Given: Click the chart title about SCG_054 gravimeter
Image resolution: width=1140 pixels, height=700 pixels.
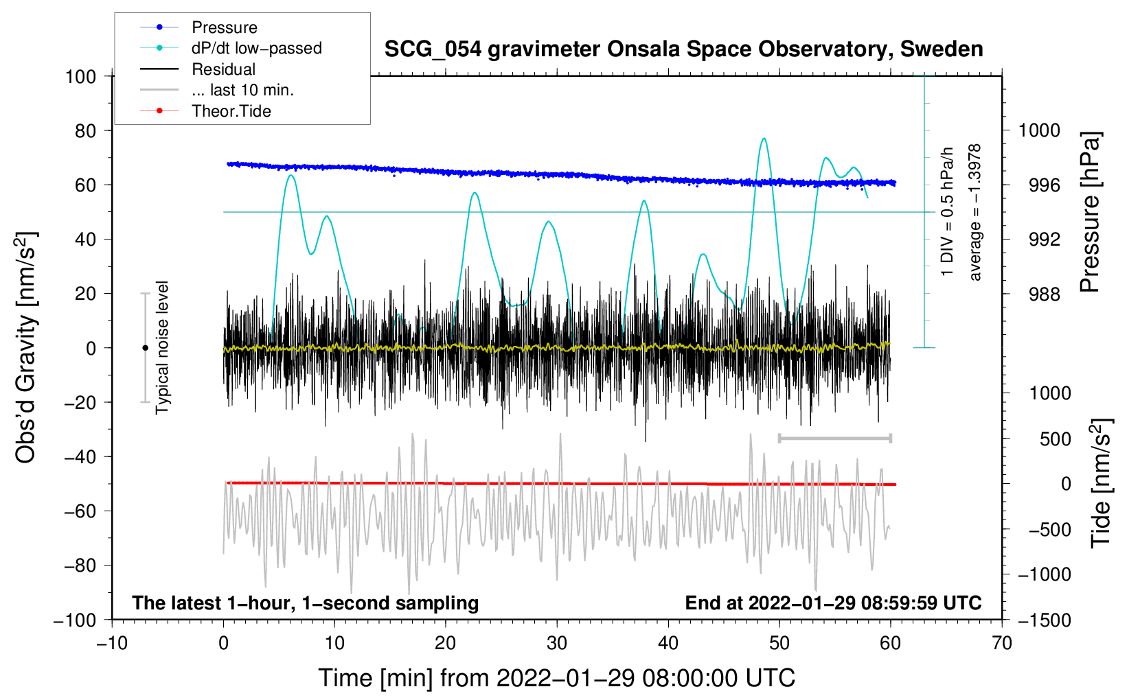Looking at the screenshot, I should (x=683, y=49).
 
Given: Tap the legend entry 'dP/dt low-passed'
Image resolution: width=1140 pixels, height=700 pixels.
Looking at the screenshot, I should (x=256, y=48).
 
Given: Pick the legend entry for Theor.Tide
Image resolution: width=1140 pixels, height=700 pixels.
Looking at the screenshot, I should (x=231, y=111).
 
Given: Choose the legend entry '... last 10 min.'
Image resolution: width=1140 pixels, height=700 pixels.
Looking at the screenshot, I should (x=242, y=90).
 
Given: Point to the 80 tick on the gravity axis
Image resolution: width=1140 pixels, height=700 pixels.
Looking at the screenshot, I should (x=81, y=130).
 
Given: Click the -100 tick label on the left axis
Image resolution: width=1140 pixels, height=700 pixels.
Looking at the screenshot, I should (x=75, y=620).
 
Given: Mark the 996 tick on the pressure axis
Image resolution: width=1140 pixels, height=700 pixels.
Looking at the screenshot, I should (x=1039, y=185).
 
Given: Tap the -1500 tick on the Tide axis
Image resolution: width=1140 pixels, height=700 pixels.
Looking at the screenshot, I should (x=1044, y=620).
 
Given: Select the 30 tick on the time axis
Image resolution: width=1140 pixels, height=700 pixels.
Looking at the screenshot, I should (x=557, y=643).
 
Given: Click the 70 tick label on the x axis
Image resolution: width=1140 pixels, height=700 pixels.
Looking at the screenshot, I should (x=1002, y=643).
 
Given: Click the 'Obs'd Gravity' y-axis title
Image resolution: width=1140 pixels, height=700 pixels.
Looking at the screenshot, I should (x=26, y=348).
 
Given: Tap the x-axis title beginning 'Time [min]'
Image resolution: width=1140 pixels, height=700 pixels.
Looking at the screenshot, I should (x=556, y=678).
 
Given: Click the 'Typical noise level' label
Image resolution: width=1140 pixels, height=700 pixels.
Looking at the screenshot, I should (x=162, y=347).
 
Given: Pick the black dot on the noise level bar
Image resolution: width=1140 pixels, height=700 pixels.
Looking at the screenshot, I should (x=145, y=348).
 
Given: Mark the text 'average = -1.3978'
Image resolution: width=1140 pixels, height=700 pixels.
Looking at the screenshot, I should (x=975, y=213).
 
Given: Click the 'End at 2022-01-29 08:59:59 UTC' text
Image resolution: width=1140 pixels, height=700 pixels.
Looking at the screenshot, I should (x=833, y=603).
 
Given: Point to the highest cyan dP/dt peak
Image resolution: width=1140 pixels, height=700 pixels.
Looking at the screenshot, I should (x=764, y=139).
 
